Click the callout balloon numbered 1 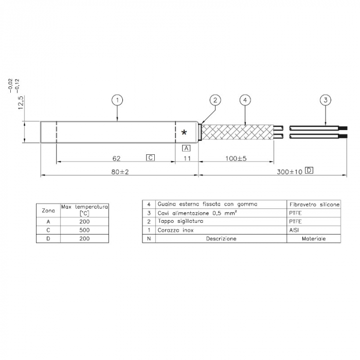coord(118,100)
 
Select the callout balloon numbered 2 coord(215,100)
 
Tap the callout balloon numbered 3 coord(325,100)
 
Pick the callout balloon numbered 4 coord(245,100)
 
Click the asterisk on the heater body coord(184,133)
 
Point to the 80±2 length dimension coord(119,171)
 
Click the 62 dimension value coord(117,158)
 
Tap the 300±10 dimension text coord(289,171)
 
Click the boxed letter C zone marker coord(150,157)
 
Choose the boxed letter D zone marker coord(309,170)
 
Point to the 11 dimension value coord(187,158)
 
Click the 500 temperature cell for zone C coord(85,230)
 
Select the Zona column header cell coord(48,210)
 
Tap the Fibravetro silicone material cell coord(314,205)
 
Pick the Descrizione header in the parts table coord(221,239)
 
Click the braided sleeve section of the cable coord(238,132)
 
